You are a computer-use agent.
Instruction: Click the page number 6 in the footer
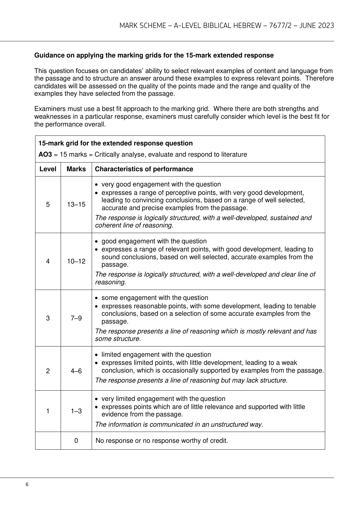[27, 484]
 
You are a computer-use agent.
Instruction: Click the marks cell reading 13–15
[76, 204]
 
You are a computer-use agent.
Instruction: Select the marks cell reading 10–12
[76, 261]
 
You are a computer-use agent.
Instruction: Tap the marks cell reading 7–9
[76, 318]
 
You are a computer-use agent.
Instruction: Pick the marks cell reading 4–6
[76, 371]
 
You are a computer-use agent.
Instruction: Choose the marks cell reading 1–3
[76, 411]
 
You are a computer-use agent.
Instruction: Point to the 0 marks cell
[76, 440]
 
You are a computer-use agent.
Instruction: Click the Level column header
[48, 169]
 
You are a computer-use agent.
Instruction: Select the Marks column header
[76, 169]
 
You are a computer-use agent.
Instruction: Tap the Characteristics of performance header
[144, 169]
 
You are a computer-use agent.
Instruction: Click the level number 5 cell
[48, 204]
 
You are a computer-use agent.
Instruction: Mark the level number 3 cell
[48, 318]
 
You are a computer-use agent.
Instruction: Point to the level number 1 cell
[48, 411]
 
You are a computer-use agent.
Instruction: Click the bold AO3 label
[45, 154]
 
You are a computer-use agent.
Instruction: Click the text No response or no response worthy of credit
[162, 440]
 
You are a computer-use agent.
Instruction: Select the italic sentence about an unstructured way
[179, 424]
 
